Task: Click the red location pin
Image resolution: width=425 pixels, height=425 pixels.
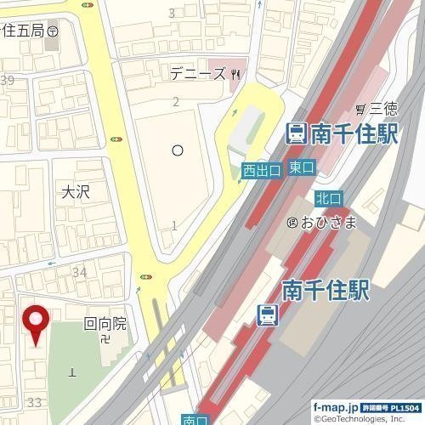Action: pyautogui.click(x=36, y=323)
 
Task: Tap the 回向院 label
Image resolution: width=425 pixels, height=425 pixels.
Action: pyautogui.click(x=105, y=323)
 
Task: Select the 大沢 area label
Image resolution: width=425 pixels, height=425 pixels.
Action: pyautogui.click(x=76, y=192)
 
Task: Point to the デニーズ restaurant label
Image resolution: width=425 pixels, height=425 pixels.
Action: pyautogui.click(x=197, y=75)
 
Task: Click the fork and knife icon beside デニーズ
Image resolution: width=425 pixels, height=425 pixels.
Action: pyautogui.click(x=235, y=75)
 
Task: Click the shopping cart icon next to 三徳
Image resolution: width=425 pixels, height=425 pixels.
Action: pyautogui.click(x=360, y=109)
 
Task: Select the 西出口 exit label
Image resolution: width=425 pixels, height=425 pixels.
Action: pyautogui.click(x=261, y=171)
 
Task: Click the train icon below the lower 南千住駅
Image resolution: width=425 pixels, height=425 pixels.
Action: pyautogui.click(x=267, y=314)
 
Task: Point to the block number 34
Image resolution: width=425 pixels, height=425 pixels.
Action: pyautogui.click(x=80, y=272)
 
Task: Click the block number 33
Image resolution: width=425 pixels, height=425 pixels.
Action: pyautogui.click(x=35, y=401)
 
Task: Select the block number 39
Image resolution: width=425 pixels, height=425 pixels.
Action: pyautogui.click(x=8, y=80)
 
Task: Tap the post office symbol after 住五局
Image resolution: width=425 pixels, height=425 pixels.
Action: pyautogui.click(x=53, y=30)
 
